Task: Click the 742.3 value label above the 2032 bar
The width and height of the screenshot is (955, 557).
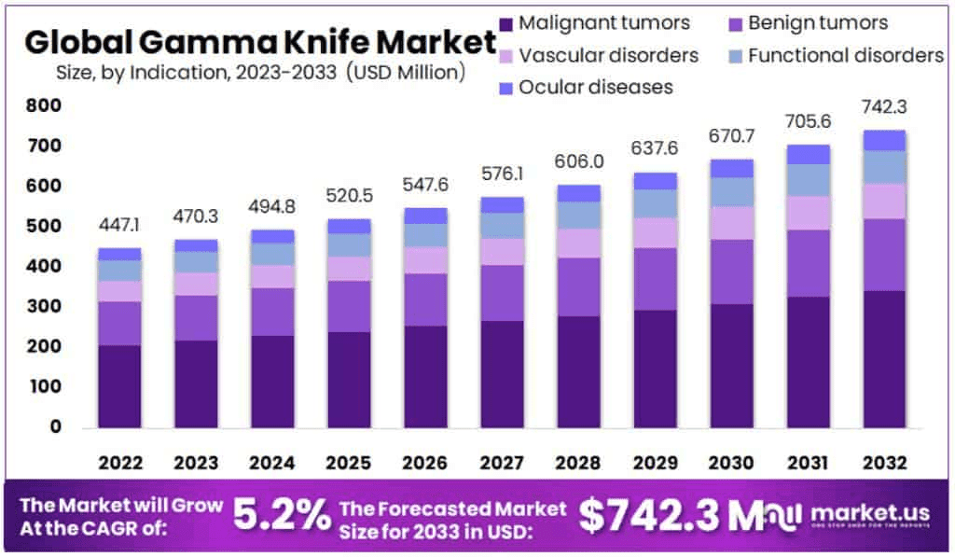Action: tap(885, 107)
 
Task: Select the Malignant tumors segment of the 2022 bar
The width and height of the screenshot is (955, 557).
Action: tap(119, 385)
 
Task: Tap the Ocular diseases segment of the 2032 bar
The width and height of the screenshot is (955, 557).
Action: tap(885, 140)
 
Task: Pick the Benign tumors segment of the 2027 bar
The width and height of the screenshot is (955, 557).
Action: tap(503, 292)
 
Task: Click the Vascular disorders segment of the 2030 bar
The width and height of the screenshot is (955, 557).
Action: tap(731, 222)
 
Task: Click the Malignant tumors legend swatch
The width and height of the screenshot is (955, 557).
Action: tap(506, 23)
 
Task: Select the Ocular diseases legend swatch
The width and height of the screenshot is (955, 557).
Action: tap(506, 88)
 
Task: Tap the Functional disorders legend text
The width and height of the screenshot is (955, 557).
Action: tap(845, 56)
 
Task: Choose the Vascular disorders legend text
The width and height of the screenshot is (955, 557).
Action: tap(608, 56)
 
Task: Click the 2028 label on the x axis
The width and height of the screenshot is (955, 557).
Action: tap(579, 463)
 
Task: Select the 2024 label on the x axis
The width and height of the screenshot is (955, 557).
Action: tap(273, 463)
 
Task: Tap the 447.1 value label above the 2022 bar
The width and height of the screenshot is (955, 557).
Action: tap(119, 227)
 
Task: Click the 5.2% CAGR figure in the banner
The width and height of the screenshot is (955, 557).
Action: tap(281, 515)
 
